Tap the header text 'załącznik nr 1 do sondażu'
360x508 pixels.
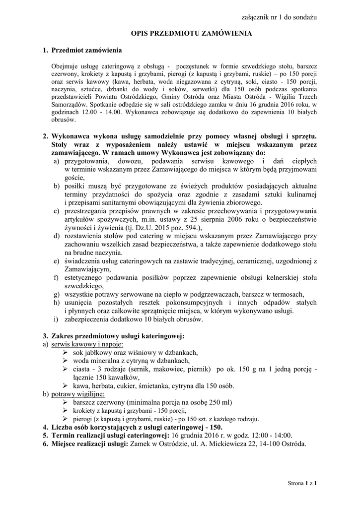279,17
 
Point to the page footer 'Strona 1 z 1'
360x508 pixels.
302,482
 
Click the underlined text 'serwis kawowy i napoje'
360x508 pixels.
87,344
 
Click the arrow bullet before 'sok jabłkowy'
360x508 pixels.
65,352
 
